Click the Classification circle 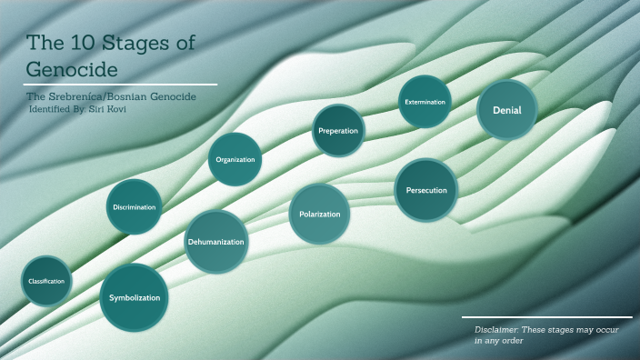coord(46,281)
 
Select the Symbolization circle coord(135,297)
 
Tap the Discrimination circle coord(135,207)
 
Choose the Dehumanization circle coord(216,242)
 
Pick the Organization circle coord(235,160)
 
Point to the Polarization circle coord(319,215)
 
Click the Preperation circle coord(338,131)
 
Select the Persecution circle coord(425,190)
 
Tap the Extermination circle coord(425,102)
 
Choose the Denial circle coord(506,110)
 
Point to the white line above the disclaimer coord(546,318)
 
